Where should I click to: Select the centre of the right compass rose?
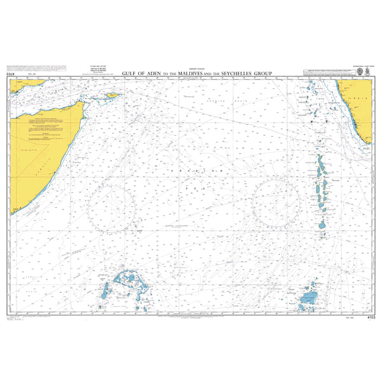276,202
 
